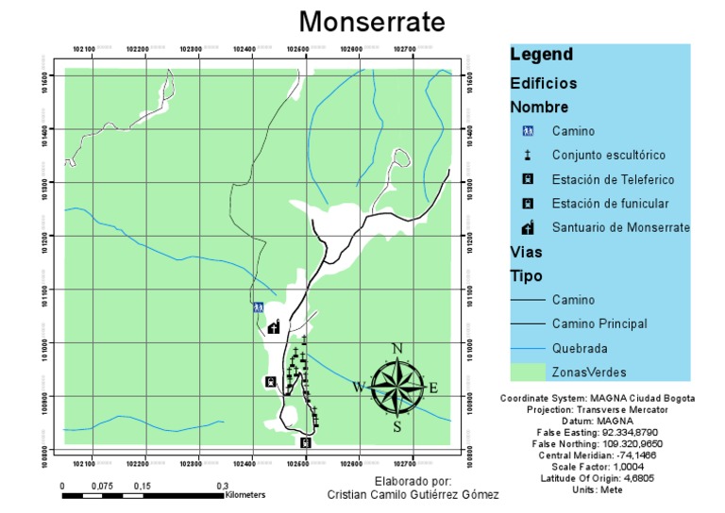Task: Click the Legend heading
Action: click(541, 55)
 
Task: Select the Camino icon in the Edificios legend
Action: click(529, 131)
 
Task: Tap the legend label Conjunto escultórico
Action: click(609, 155)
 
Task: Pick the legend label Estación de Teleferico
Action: click(614, 179)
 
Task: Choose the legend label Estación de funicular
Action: click(610, 203)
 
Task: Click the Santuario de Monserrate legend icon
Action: click(529, 227)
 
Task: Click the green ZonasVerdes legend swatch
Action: click(529, 372)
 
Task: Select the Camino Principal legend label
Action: click(599, 323)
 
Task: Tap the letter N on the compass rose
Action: click(397, 349)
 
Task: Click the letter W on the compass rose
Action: click(359, 387)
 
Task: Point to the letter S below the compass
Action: click(397, 426)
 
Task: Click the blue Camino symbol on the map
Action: click(258, 307)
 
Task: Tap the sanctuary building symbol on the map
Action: click(274, 327)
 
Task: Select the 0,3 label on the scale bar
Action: click(225, 485)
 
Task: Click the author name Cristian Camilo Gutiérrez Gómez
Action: click(413, 495)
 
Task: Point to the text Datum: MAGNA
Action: click(597, 421)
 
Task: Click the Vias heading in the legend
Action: click(526, 253)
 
